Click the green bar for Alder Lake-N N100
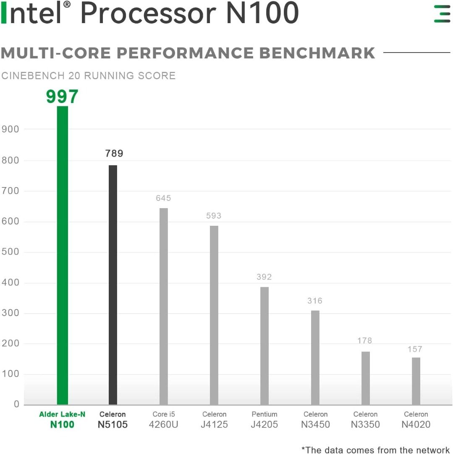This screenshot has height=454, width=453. [x=62, y=255]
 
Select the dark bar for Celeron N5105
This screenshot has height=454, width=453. [x=113, y=285]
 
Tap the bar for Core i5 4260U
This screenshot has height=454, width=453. [x=163, y=306]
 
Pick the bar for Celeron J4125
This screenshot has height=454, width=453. [x=214, y=315]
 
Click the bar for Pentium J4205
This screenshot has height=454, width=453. [x=264, y=346]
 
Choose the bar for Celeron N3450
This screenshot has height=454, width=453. [x=315, y=357]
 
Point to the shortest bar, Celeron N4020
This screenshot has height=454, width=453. [x=416, y=381]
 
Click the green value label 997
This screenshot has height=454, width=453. [x=62, y=97]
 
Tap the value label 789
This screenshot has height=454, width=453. [x=114, y=154]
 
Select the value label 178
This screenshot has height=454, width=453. [x=365, y=340]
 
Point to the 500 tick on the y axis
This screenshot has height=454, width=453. [x=10, y=252]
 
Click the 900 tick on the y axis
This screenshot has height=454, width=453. [x=10, y=129]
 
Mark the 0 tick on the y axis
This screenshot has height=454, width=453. [x=16, y=404]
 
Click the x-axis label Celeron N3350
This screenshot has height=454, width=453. [x=365, y=420]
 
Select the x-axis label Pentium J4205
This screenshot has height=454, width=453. [x=264, y=420]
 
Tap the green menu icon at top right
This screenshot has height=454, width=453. [x=442, y=14]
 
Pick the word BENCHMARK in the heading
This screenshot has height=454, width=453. [x=317, y=53]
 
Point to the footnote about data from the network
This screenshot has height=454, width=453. [x=376, y=450]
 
